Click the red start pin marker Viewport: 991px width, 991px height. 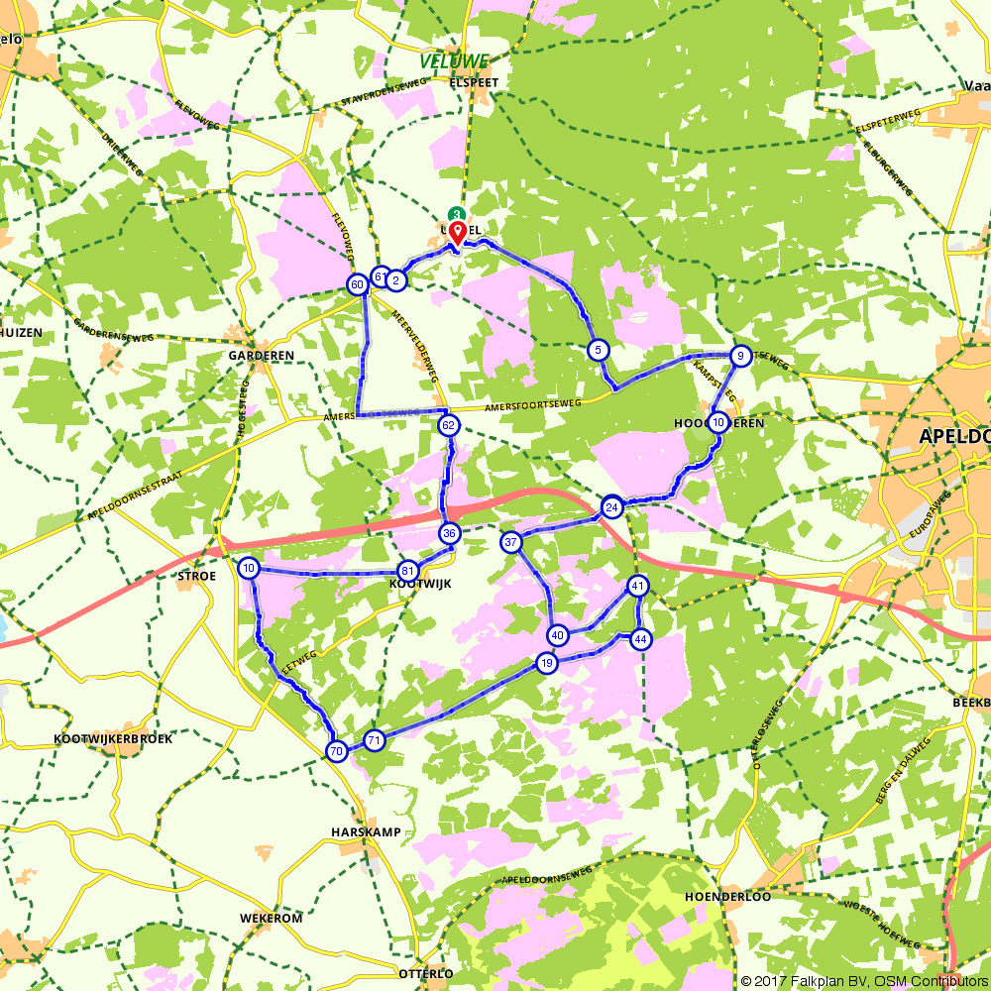[457, 233]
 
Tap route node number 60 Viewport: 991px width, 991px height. [357, 285]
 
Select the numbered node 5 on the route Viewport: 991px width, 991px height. [597, 350]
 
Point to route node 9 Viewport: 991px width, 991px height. [739, 356]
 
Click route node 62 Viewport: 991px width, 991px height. [448, 426]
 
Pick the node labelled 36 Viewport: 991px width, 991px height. [449, 533]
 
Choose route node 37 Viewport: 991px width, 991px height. [511, 542]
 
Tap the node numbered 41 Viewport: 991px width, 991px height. [637, 586]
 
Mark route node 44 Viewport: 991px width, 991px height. [641, 639]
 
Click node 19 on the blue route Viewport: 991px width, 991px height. [546, 663]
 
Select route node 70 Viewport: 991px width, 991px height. [337, 751]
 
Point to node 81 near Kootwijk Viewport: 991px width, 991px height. [406, 571]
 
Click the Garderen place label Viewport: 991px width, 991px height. [262, 356]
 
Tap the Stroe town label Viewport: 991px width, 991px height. [194, 575]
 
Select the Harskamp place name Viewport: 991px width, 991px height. [367, 832]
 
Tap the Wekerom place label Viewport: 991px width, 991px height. [271, 919]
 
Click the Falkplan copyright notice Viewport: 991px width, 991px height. [863, 981]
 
